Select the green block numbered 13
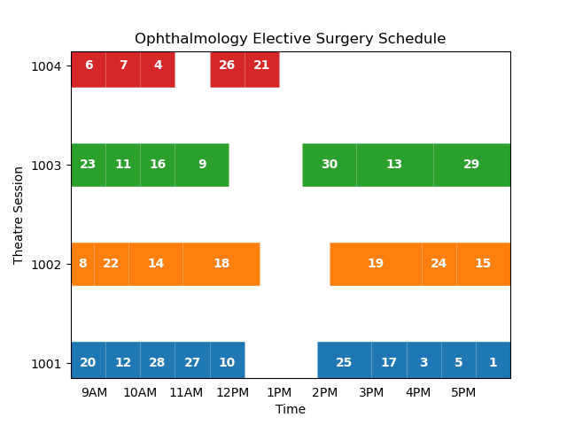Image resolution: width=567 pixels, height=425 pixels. [x=394, y=165]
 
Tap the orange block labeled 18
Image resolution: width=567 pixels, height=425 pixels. [x=221, y=264]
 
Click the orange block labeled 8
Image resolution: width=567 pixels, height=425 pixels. [x=82, y=264]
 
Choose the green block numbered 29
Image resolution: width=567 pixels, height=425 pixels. [x=471, y=165]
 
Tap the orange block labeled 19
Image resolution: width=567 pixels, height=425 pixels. [x=376, y=264]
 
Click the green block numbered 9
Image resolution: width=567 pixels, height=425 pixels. [x=202, y=165]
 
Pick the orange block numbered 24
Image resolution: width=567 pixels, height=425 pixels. [x=439, y=264]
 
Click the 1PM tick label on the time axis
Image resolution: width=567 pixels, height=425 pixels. [x=279, y=392]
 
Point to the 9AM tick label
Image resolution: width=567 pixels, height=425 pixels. [x=94, y=392]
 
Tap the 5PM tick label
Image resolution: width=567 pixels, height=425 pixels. [x=463, y=392]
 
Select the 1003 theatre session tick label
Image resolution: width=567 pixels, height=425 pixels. [x=46, y=166]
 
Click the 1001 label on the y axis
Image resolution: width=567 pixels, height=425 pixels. [x=46, y=364]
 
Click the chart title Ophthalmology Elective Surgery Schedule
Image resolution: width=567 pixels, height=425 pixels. [x=290, y=39]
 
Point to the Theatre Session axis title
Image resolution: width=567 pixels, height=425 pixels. [x=19, y=215]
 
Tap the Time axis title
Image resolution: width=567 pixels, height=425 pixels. [x=290, y=409]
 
